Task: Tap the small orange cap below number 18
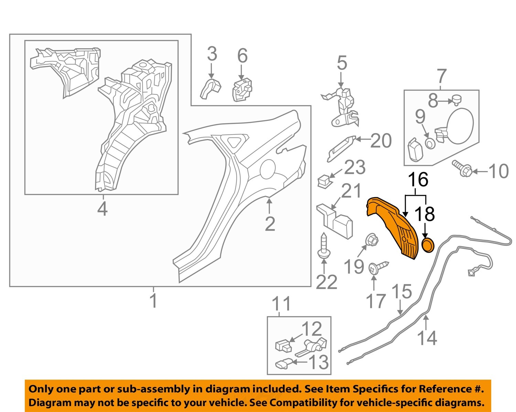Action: (x=428, y=245)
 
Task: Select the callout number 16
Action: (x=418, y=179)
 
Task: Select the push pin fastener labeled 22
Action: (x=323, y=247)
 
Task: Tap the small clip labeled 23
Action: (x=324, y=181)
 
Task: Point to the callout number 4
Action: (x=102, y=209)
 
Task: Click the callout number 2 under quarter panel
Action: (x=270, y=224)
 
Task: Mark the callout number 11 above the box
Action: (x=281, y=304)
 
